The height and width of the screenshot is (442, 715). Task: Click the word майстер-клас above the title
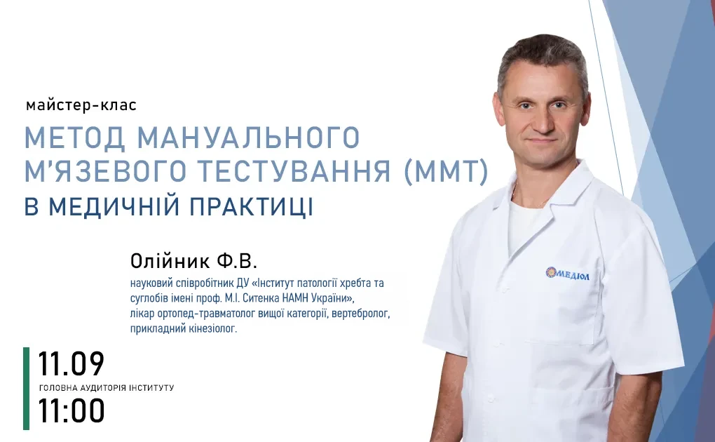tap(81, 105)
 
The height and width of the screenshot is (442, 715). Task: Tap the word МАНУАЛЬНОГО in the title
tap(249, 138)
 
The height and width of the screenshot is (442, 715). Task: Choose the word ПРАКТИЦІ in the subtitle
tap(252, 206)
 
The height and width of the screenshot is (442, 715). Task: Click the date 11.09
tap(71, 364)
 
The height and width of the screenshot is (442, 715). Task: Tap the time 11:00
tap(71, 410)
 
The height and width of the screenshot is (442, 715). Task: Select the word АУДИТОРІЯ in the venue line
tap(103, 388)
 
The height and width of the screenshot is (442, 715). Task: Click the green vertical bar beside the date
tap(27, 389)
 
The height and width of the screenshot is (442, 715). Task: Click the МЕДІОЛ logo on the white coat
tap(568, 274)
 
